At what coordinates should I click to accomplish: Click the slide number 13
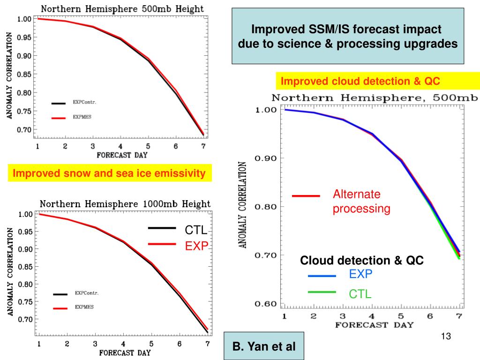[446, 336]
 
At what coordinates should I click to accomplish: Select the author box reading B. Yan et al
[264, 347]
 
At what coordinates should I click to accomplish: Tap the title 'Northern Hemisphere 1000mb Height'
[125, 204]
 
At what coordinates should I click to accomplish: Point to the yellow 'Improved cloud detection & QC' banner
[360, 81]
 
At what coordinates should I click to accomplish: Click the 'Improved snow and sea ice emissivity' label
[109, 173]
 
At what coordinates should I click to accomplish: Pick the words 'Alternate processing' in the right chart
[361, 202]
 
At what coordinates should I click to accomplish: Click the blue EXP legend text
[360, 275]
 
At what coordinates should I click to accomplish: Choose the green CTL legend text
[360, 294]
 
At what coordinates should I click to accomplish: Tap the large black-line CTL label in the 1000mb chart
[196, 230]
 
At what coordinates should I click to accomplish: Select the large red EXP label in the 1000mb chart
[196, 246]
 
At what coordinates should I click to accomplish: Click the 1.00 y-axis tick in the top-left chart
[24, 19]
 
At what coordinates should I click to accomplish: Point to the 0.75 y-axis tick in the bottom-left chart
[24, 302]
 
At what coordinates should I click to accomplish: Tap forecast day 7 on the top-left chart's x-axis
[203, 146]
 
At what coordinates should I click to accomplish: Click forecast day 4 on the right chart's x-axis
[372, 316]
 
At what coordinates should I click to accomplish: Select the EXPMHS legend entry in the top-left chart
[82, 117]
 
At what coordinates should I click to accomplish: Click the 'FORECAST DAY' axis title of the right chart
[374, 325]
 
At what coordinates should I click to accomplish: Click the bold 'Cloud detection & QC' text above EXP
[362, 261]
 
